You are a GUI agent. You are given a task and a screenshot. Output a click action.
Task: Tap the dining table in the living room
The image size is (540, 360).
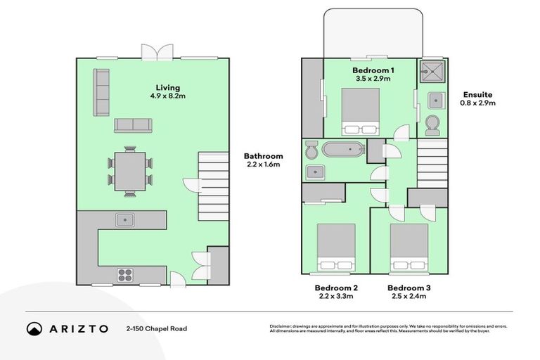(x=130, y=172)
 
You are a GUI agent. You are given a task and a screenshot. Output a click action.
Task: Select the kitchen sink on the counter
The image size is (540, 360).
(x=126, y=219)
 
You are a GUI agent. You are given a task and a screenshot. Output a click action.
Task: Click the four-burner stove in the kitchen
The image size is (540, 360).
(x=126, y=274)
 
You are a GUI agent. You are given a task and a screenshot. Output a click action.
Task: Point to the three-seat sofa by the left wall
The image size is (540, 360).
(x=102, y=93)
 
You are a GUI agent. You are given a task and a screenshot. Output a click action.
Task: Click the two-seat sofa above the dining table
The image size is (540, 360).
(x=133, y=125)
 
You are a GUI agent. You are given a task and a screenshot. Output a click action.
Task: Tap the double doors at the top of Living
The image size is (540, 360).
(x=156, y=53)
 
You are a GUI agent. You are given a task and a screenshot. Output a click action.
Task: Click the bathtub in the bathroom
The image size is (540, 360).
(x=343, y=149)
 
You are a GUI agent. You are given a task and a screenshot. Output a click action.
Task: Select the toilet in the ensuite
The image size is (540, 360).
(x=432, y=124)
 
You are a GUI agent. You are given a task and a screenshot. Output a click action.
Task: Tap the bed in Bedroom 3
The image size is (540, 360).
(x=409, y=247)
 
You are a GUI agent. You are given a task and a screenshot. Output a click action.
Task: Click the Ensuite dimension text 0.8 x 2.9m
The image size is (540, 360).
(x=478, y=103)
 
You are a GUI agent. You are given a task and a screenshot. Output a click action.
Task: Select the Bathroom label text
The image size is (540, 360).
(x=264, y=156)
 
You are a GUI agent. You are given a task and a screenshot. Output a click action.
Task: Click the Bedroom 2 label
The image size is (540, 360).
(x=336, y=288)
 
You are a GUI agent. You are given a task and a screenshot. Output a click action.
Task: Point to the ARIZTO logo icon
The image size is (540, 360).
(x=34, y=328)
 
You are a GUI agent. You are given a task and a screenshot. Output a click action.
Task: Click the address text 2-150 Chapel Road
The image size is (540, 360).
(x=157, y=328)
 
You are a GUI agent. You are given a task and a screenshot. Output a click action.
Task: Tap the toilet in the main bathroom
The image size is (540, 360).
(x=311, y=149)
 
